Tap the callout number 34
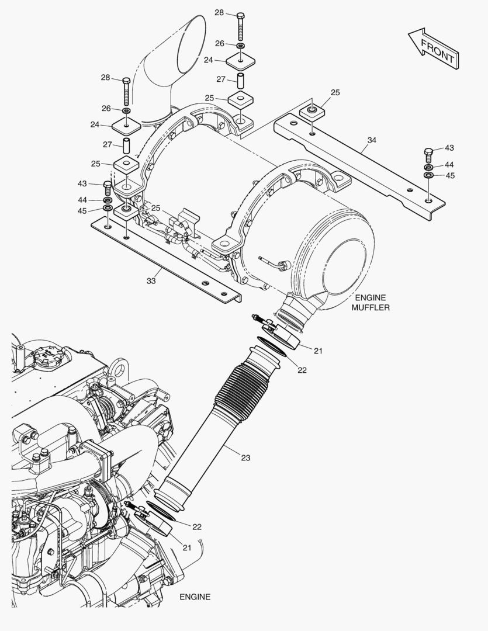372,140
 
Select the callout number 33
151,281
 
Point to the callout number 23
245,457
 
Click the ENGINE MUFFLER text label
370,303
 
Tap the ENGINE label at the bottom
195,597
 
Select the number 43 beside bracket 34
449,148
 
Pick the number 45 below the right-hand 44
449,175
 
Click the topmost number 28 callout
219,12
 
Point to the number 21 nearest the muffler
318,351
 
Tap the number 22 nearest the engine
197,526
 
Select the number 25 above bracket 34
335,92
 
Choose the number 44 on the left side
82,200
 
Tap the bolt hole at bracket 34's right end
430,201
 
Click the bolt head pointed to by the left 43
108,185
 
